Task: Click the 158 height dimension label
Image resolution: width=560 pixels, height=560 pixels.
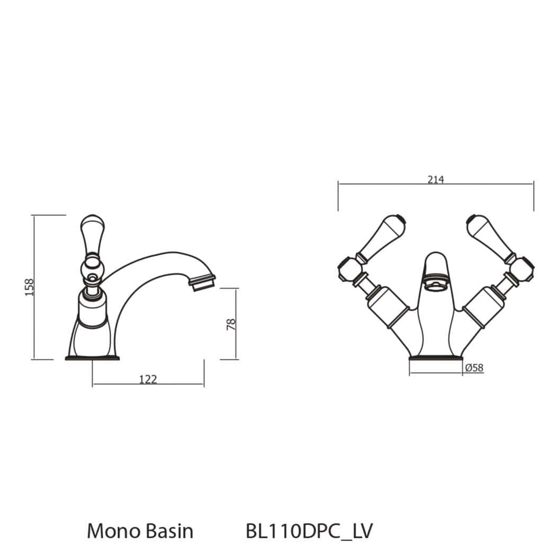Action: click(30, 287)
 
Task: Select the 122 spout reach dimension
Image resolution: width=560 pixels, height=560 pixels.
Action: click(148, 379)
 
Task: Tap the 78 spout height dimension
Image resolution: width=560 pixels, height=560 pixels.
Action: click(231, 324)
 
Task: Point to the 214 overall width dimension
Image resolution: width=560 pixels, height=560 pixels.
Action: click(435, 179)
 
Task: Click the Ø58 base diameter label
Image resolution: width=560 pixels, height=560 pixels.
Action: click(474, 368)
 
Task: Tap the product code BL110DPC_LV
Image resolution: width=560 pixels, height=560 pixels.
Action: click(309, 531)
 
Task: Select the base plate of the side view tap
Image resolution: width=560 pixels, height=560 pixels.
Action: click(92, 358)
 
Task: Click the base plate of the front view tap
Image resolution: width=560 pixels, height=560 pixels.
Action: click(436, 359)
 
